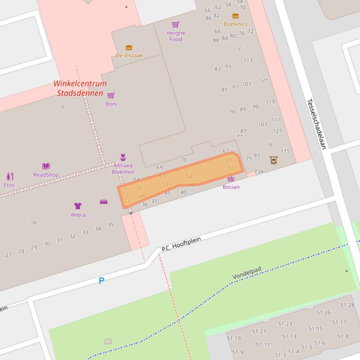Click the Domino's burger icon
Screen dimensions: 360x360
point(235,16)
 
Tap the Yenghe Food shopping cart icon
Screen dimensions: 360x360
point(176,24)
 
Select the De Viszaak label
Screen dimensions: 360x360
point(129,55)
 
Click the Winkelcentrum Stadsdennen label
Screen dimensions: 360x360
point(80,88)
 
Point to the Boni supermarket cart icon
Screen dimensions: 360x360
point(111,96)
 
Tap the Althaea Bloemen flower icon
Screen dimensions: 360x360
point(123,157)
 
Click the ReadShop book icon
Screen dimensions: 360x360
point(46,166)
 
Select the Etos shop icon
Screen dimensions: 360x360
point(9,176)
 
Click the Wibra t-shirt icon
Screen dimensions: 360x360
point(78,206)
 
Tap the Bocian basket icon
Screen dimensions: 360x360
point(231,179)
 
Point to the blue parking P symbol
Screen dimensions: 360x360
point(101,281)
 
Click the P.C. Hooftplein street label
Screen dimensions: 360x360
point(181,244)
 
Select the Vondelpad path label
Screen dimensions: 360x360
point(247,273)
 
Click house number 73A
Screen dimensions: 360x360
point(259,172)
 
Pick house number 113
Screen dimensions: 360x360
point(248,60)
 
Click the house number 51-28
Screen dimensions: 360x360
point(347,305)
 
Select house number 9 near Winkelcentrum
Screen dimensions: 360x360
point(62,107)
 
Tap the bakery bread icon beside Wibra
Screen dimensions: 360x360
point(103,202)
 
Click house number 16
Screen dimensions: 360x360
point(33,223)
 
